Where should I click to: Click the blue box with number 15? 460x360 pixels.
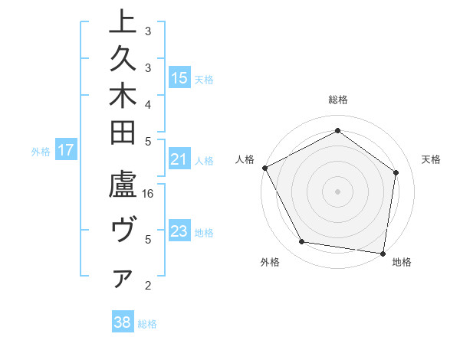(x=179, y=77)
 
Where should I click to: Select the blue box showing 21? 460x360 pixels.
(x=179, y=159)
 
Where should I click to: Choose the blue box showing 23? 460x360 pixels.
(x=179, y=231)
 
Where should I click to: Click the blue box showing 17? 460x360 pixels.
(x=65, y=150)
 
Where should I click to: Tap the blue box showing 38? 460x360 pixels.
(x=122, y=322)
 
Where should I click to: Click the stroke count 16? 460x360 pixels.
(x=149, y=193)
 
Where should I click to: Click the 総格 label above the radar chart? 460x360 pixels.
(x=338, y=100)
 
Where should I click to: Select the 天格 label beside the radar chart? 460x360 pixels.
(x=431, y=159)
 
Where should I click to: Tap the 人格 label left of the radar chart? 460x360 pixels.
(x=245, y=159)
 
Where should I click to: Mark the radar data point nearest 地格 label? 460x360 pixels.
(x=383, y=253)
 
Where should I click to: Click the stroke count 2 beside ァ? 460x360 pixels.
(x=148, y=286)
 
